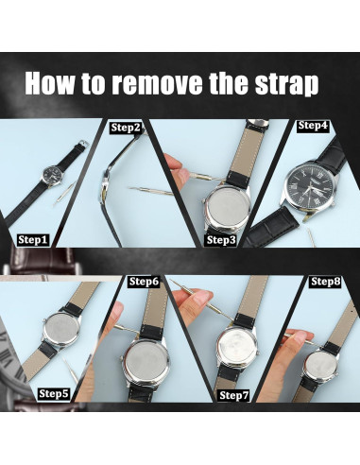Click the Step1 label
(32, 240)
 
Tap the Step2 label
(126, 128)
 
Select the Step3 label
(221, 240)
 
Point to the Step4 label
(313, 126)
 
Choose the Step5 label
(54, 394)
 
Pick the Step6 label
(144, 281)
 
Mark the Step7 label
(234, 395)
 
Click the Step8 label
(326, 281)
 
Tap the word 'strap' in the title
(286, 84)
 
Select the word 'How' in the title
(50, 83)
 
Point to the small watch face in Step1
(52, 175)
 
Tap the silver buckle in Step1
(84, 144)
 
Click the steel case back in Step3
(227, 207)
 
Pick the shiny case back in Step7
(237, 346)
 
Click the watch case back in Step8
(320, 366)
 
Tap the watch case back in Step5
(61, 330)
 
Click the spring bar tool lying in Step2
(151, 191)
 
